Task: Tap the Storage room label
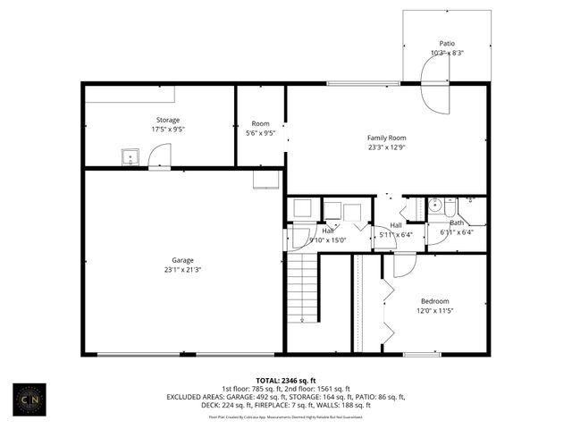tap(168, 120)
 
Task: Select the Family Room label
tap(386, 138)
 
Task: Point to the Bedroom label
tap(434, 301)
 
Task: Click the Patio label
tap(447, 43)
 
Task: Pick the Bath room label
tap(457, 223)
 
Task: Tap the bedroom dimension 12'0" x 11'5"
tap(434, 311)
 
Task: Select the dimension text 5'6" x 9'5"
tap(260, 133)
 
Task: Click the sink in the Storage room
tap(129, 158)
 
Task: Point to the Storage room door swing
tap(158, 157)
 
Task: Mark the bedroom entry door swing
tap(404, 265)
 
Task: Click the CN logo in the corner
tap(34, 397)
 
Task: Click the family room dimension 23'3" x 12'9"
tap(386, 148)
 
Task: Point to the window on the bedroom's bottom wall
tap(421, 355)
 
